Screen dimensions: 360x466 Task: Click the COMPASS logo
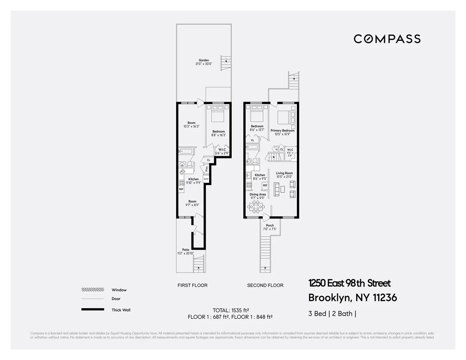(x=387, y=39)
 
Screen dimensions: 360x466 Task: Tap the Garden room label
(x=204, y=62)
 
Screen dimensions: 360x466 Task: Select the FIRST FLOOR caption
(x=192, y=285)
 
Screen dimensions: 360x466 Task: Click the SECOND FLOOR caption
(x=265, y=285)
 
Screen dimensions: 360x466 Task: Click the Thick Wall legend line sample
(x=93, y=310)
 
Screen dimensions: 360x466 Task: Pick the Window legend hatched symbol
(x=93, y=290)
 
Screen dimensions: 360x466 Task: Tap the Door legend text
(x=116, y=299)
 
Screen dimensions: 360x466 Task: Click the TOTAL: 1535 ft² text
(x=231, y=310)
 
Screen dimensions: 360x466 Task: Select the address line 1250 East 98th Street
(x=349, y=283)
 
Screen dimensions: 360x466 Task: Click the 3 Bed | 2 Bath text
(x=332, y=313)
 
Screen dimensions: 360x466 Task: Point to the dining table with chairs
(x=256, y=206)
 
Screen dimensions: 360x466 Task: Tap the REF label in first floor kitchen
(x=181, y=189)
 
